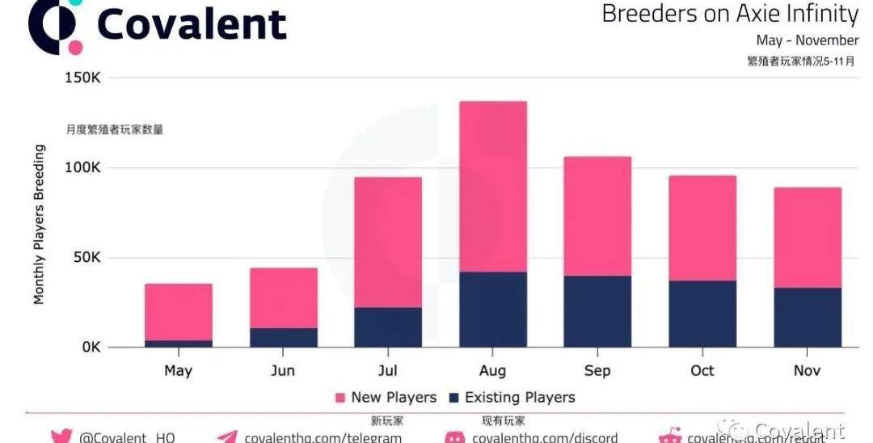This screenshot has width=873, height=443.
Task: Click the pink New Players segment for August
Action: coord(492,186)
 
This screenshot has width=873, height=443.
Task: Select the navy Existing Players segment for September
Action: coord(597,311)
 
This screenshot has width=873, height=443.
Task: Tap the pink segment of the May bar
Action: coord(179,311)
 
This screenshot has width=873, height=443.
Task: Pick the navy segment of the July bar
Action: coord(388,327)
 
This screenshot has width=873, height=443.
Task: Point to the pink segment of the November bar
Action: coord(808,237)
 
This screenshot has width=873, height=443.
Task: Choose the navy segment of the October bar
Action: coord(702,314)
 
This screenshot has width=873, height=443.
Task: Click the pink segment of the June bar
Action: coord(284,297)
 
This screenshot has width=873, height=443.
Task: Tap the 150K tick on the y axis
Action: coord(82,78)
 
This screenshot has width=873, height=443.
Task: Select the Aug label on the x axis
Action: coord(492,371)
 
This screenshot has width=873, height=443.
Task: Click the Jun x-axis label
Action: coord(283,371)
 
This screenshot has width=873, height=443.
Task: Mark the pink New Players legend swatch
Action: coord(340,398)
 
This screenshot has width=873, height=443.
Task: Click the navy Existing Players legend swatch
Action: coord(453,398)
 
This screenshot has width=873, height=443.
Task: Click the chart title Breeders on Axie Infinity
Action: coord(730,14)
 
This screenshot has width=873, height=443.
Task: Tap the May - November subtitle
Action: coord(807,40)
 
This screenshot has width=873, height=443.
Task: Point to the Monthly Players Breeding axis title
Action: coord(39,225)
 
